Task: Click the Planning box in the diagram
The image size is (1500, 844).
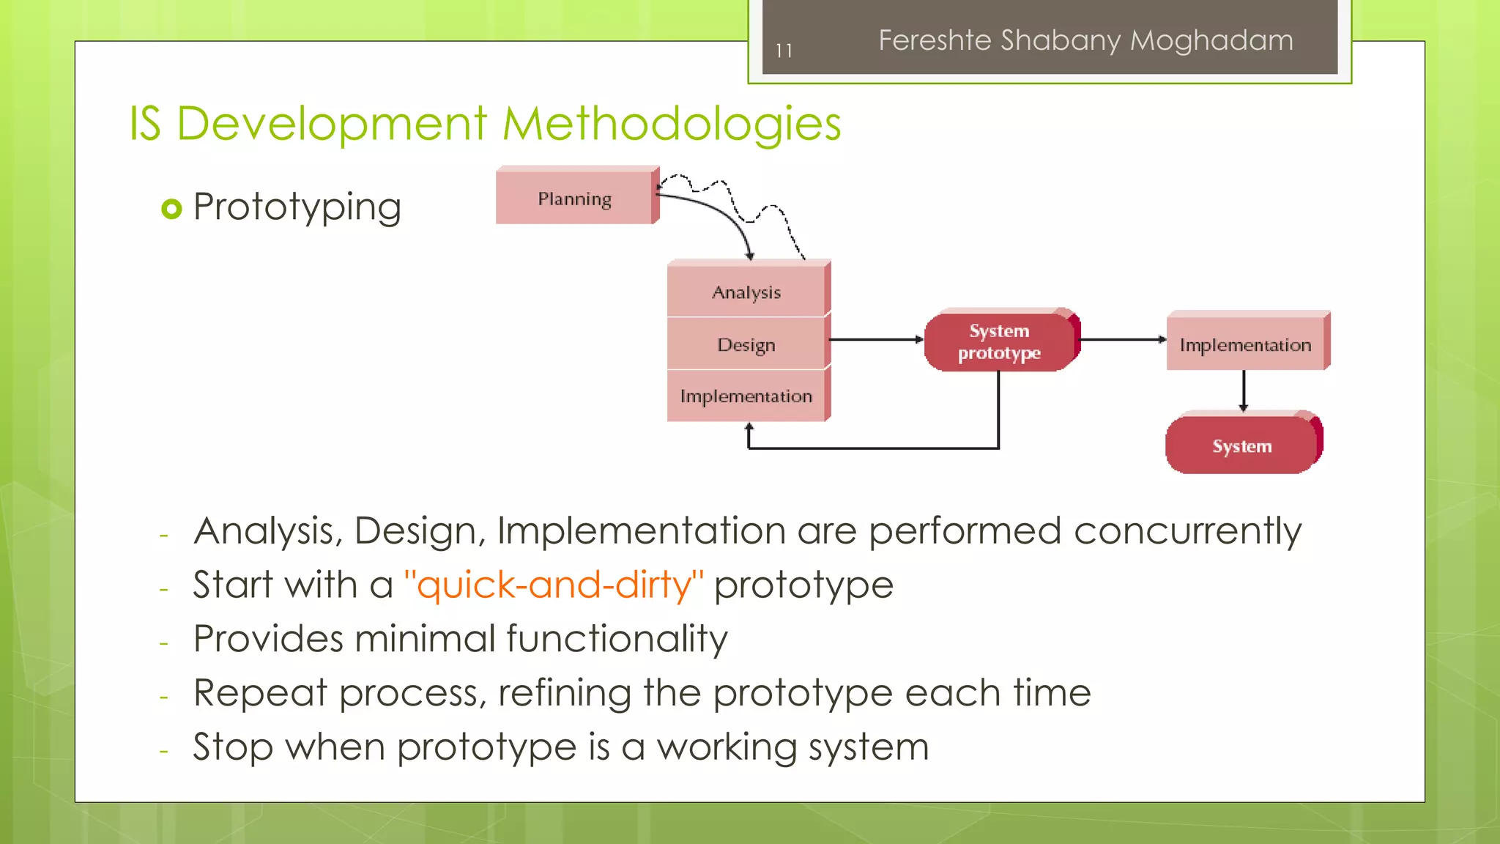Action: click(576, 198)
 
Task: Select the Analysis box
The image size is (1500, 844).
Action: click(746, 292)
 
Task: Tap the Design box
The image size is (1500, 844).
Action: click(746, 344)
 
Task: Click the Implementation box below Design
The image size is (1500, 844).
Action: click(746, 396)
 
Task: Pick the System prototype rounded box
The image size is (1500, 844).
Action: click(999, 341)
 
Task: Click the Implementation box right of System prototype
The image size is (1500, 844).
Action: click(1245, 344)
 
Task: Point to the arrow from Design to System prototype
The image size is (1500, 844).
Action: click(875, 340)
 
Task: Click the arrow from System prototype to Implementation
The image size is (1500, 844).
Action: click(1122, 340)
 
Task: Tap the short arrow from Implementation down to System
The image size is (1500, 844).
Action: click(1244, 390)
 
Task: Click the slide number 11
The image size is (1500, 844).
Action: click(784, 51)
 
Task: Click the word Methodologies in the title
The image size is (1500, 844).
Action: click(672, 123)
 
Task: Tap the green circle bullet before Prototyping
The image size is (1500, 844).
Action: click(171, 209)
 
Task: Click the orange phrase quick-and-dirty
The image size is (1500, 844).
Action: click(554, 585)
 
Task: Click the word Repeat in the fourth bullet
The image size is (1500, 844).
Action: click(260, 693)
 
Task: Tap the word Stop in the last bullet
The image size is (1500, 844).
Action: click(233, 747)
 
